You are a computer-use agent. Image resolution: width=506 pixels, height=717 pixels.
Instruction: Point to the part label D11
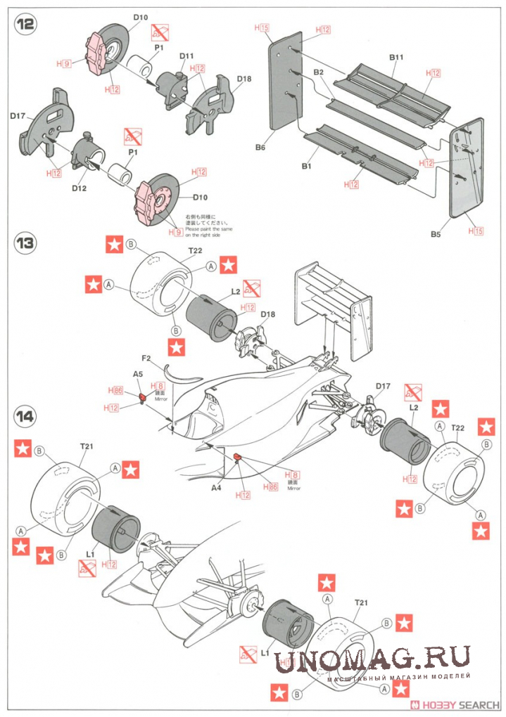(x=186, y=56)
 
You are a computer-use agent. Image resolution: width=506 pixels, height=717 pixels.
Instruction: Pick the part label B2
(x=318, y=72)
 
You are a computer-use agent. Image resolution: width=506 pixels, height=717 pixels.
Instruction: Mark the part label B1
(x=305, y=166)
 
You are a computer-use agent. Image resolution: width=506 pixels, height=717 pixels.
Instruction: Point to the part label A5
(x=139, y=375)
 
